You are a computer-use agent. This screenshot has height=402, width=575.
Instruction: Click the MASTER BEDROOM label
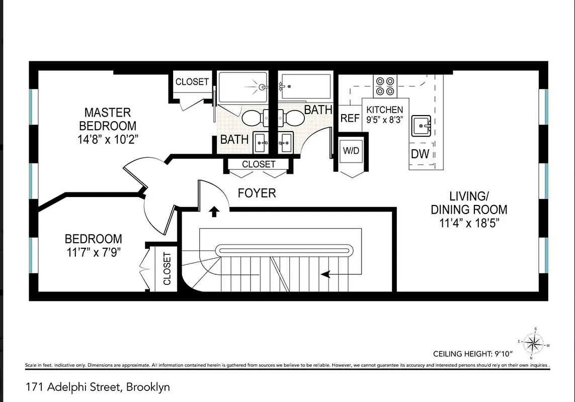pos(107,119)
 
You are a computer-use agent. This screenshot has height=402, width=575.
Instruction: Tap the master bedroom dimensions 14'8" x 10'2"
pos(108,139)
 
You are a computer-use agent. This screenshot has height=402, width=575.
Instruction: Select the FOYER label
pos(257,193)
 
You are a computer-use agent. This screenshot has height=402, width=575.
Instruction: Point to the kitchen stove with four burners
pos(385,86)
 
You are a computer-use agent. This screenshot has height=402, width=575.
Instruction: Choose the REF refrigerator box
pos(350,118)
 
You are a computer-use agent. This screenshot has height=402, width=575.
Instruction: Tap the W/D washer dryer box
pos(351,151)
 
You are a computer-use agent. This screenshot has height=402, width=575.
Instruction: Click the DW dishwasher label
pos(420,154)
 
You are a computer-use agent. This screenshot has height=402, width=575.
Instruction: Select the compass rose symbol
pos(535,344)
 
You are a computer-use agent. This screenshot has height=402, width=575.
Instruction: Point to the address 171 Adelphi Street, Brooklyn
pos(98,387)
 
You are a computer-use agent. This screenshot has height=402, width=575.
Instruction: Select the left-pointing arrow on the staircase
pos(326,274)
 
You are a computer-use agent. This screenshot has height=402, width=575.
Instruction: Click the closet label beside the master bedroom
pos(192,81)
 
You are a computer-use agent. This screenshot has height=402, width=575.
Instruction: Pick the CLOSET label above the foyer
pos(259,164)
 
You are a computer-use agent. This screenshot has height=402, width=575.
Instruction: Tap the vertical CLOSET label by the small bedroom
pos(167,268)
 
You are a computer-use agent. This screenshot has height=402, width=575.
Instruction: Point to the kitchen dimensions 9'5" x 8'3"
pos(385,120)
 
